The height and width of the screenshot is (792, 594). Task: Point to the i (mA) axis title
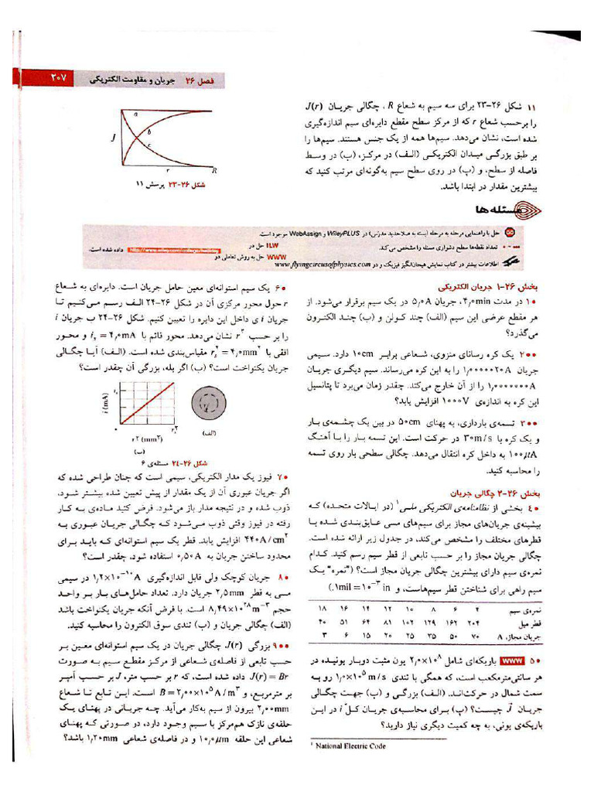pos(104,403)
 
